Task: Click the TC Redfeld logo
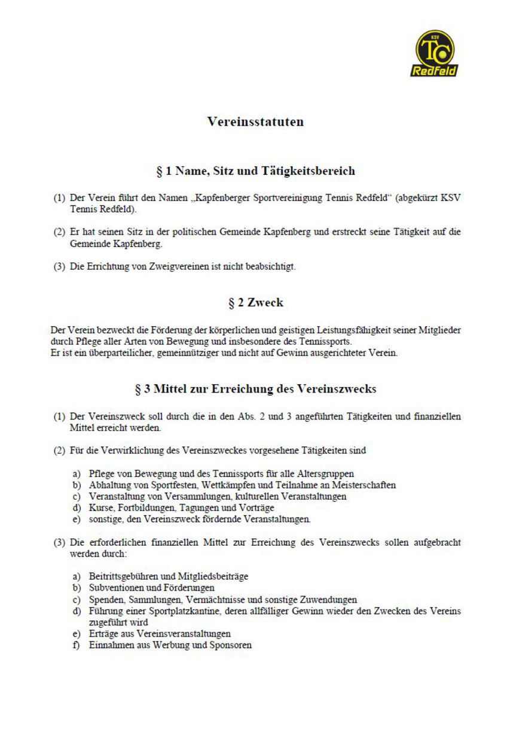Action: (x=433, y=54)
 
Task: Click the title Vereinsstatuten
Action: (x=255, y=121)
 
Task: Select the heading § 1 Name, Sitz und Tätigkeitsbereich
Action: (x=255, y=171)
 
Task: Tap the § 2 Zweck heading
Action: (x=255, y=303)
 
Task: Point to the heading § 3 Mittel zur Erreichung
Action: (x=255, y=389)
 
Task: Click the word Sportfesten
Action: (x=161, y=485)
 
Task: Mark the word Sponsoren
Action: (x=230, y=645)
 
